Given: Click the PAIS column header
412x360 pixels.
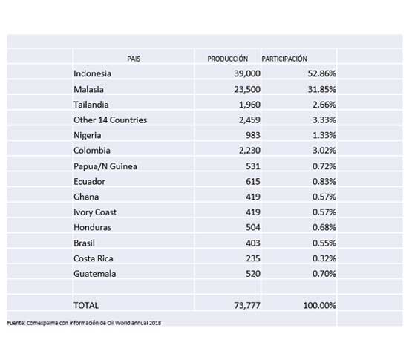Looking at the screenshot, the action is (x=134, y=59).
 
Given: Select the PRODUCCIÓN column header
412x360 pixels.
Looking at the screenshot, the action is (x=228, y=59).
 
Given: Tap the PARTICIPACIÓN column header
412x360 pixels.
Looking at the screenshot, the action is (x=284, y=59).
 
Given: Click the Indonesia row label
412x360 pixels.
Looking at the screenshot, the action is (x=92, y=73).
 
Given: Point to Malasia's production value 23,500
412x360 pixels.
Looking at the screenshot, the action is (x=247, y=89).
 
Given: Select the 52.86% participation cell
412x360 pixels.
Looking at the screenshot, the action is (x=321, y=73).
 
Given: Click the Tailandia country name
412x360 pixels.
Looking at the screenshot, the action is (x=91, y=105).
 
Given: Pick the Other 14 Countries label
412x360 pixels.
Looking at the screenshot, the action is (x=110, y=120).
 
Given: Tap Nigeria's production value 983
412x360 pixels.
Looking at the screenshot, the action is (x=253, y=135).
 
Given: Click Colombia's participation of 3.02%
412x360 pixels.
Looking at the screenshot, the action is (x=324, y=151).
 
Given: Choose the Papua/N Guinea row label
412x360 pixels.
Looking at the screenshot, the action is (x=105, y=166).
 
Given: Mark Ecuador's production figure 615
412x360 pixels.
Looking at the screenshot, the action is (x=253, y=182).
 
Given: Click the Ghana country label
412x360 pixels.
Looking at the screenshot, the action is (x=86, y=197).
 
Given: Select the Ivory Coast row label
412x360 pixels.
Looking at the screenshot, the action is (x=95, y=212).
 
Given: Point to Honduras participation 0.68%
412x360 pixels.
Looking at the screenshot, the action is (x=324, y=227).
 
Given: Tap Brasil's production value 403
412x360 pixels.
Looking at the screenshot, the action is (x=253, y=243).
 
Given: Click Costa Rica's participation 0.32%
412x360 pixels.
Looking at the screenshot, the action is (x=324, y=258).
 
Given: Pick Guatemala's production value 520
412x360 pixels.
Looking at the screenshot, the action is (x=253, y=274).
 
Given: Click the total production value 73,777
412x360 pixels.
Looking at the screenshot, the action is (x=247, y=305).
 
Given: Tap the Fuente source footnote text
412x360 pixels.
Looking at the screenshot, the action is (x=84, y=323).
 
